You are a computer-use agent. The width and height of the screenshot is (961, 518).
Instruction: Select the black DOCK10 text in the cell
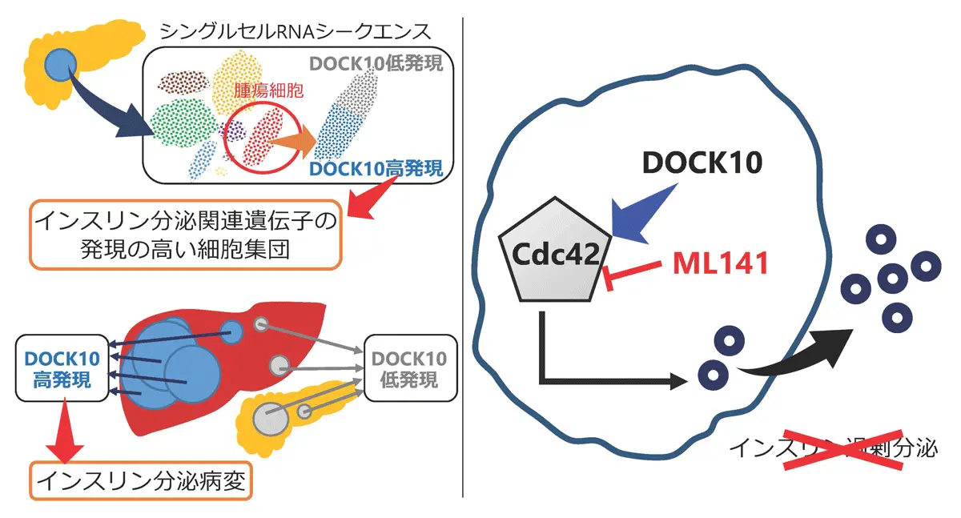[x=702, y=164]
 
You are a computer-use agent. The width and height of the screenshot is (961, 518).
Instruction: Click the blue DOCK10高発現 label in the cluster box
[x=381, y=169]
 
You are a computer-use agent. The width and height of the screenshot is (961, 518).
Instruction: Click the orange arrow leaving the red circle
[x=292, y=143]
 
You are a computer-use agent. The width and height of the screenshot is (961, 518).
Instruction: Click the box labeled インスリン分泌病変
[x=141, y=480]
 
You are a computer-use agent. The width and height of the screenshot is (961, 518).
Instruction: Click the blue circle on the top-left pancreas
[x=58, y=65]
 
